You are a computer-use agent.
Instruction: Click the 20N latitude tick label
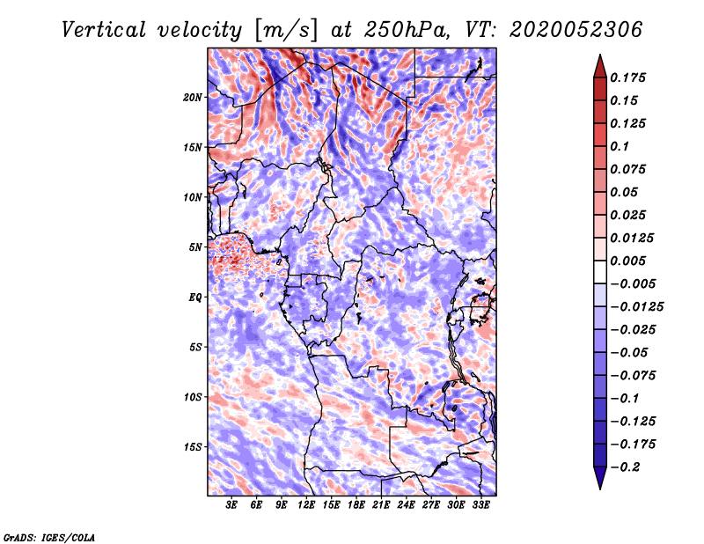pyautogui.click(x=192, y=98)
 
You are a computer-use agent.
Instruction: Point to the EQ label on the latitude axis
pyautogui.click(x=194, y=298)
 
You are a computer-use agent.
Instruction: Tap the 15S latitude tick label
pyautogui.click(x=192, y=447)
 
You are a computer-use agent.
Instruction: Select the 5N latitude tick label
pyautogui.click(x=194, y=247)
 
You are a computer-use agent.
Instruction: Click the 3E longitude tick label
pyautogui.click(x=231, y=504)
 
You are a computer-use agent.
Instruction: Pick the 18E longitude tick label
pyautogui.click(x=356, y=504)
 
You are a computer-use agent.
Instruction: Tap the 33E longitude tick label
pyautogui.click(x=480, y=504)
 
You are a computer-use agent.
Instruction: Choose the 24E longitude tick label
pyautogui.click(x=406, y=504)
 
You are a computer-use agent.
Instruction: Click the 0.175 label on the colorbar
pyautogui.click(x=627, y=77)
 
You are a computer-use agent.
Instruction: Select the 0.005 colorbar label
pyautogui.click(x=627, y=261)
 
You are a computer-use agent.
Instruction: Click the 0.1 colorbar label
pyautogui.click(x=620, y=146)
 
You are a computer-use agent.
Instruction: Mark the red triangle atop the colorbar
pyautogui.click(x=600, y=66)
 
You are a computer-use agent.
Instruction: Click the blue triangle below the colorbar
pyautogui.click(x=600, y=478)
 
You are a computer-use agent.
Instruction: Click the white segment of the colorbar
pyautogui.click(x=600, y=272)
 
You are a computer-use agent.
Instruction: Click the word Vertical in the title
pyautogui.click(x=104, y=30)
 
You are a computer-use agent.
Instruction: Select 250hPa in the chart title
pyautogui.click(x=407, y=30)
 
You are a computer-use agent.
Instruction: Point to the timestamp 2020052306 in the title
pyautogui.click(x=576, y=30)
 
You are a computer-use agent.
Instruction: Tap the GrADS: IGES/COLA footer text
pyautogui.click(x=49, y=537)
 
